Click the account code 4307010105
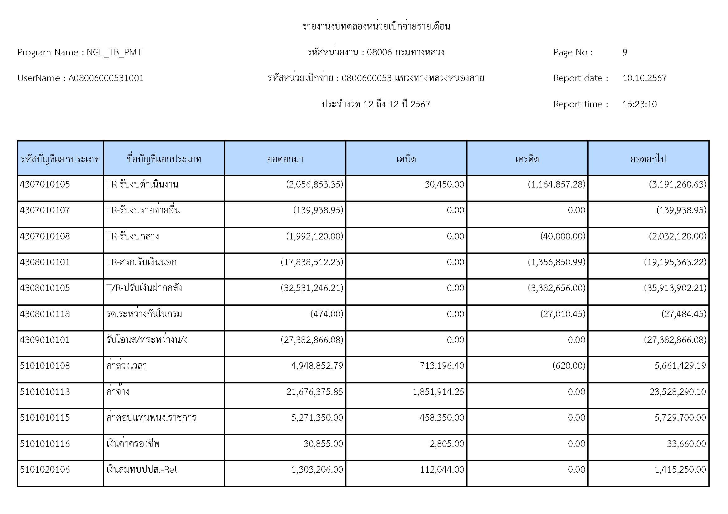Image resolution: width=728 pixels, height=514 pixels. [45, 184]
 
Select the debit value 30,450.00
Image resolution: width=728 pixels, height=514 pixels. [444, 184]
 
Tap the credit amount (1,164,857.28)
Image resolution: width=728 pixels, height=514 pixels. [557, 184]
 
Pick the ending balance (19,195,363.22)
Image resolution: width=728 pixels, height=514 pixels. [675, 262]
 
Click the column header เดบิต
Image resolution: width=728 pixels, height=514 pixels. [406, 159]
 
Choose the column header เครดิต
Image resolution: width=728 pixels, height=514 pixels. [527, 159]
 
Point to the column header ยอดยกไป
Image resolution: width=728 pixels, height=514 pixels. [648, 159]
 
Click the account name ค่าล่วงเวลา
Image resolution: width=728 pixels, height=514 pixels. [126, 366]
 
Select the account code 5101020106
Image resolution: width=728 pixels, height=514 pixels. [45, 469]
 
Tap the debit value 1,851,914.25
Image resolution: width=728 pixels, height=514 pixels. [438, 392]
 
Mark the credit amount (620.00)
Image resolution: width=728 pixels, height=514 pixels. [569, 366]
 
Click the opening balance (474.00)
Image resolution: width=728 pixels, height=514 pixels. [326, 314]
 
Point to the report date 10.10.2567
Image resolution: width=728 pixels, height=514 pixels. [644, 78]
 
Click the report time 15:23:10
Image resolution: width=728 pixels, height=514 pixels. [639, 104]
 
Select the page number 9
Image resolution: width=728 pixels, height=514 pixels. [625, 52]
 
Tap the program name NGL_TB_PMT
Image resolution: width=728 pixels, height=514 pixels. [114, 52]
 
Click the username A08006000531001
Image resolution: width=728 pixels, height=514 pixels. [106, 78]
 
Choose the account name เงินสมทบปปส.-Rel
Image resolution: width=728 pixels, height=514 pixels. [142, 469]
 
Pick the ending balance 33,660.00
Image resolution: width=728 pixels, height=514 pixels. [686, 443]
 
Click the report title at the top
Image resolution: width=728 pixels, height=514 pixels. [376, 26]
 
